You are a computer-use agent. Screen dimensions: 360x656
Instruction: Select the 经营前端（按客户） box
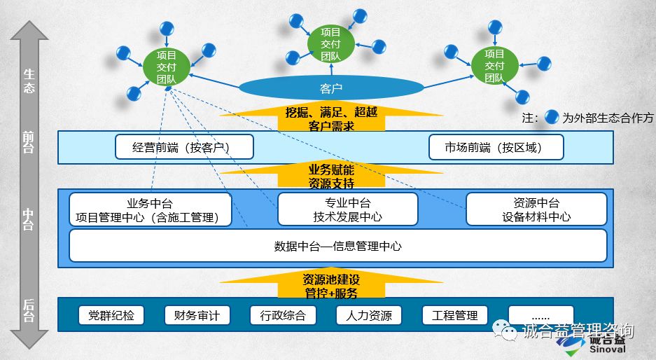point(184,147)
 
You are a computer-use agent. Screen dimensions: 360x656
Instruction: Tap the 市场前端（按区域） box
point(494,147)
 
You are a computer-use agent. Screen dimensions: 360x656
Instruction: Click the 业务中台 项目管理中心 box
point(150,210)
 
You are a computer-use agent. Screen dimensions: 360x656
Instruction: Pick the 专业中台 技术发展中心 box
point(347,210)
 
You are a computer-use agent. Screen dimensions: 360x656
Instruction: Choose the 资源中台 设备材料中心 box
point(536,210)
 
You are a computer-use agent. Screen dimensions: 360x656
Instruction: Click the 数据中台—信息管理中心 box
point(337,246)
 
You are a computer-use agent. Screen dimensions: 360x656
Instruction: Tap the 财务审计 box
point(193,315)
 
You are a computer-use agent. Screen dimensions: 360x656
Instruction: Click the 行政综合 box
point(279,315)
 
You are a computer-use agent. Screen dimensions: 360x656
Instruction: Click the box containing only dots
point(540,315)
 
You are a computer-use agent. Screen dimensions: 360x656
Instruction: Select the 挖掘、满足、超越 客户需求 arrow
point(331,118)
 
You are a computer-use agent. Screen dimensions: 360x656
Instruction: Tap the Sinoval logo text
point(606,349)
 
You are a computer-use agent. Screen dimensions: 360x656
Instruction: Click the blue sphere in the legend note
point(552,117)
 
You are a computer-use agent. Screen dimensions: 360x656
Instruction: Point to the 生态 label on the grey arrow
point(29,81)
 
